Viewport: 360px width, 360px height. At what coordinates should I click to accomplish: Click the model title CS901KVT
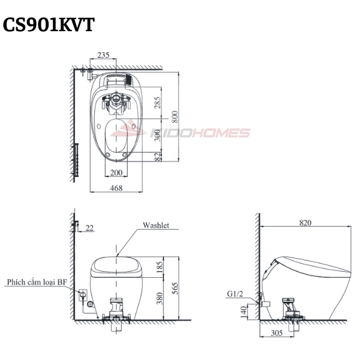pyautogui.click(x=49, y=25)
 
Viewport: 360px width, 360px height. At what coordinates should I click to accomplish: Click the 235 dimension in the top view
pyautogui.click(x=103, y=55)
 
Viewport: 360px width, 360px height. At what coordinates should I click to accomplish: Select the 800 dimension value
pyautogui.click(x=175, y=116)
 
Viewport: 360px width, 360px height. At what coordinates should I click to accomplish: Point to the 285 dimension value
pyautogui.click(x=157, y=103)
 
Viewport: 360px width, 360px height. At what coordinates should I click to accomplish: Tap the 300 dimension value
pyautogui.click(x=157, y=135)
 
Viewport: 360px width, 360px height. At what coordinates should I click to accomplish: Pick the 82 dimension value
pyautogui.click(x=158, y=157)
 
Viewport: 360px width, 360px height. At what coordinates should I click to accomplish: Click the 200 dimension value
pyautogui.click(x=116, y=172)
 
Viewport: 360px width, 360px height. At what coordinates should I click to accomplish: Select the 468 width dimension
pyautogui.click(x=116, y=188)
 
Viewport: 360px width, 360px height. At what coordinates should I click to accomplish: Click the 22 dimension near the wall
pyautogui.click(x=89, y=228)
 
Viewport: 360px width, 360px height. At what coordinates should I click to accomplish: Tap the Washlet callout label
pyautogui.click(x=156, y=225)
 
